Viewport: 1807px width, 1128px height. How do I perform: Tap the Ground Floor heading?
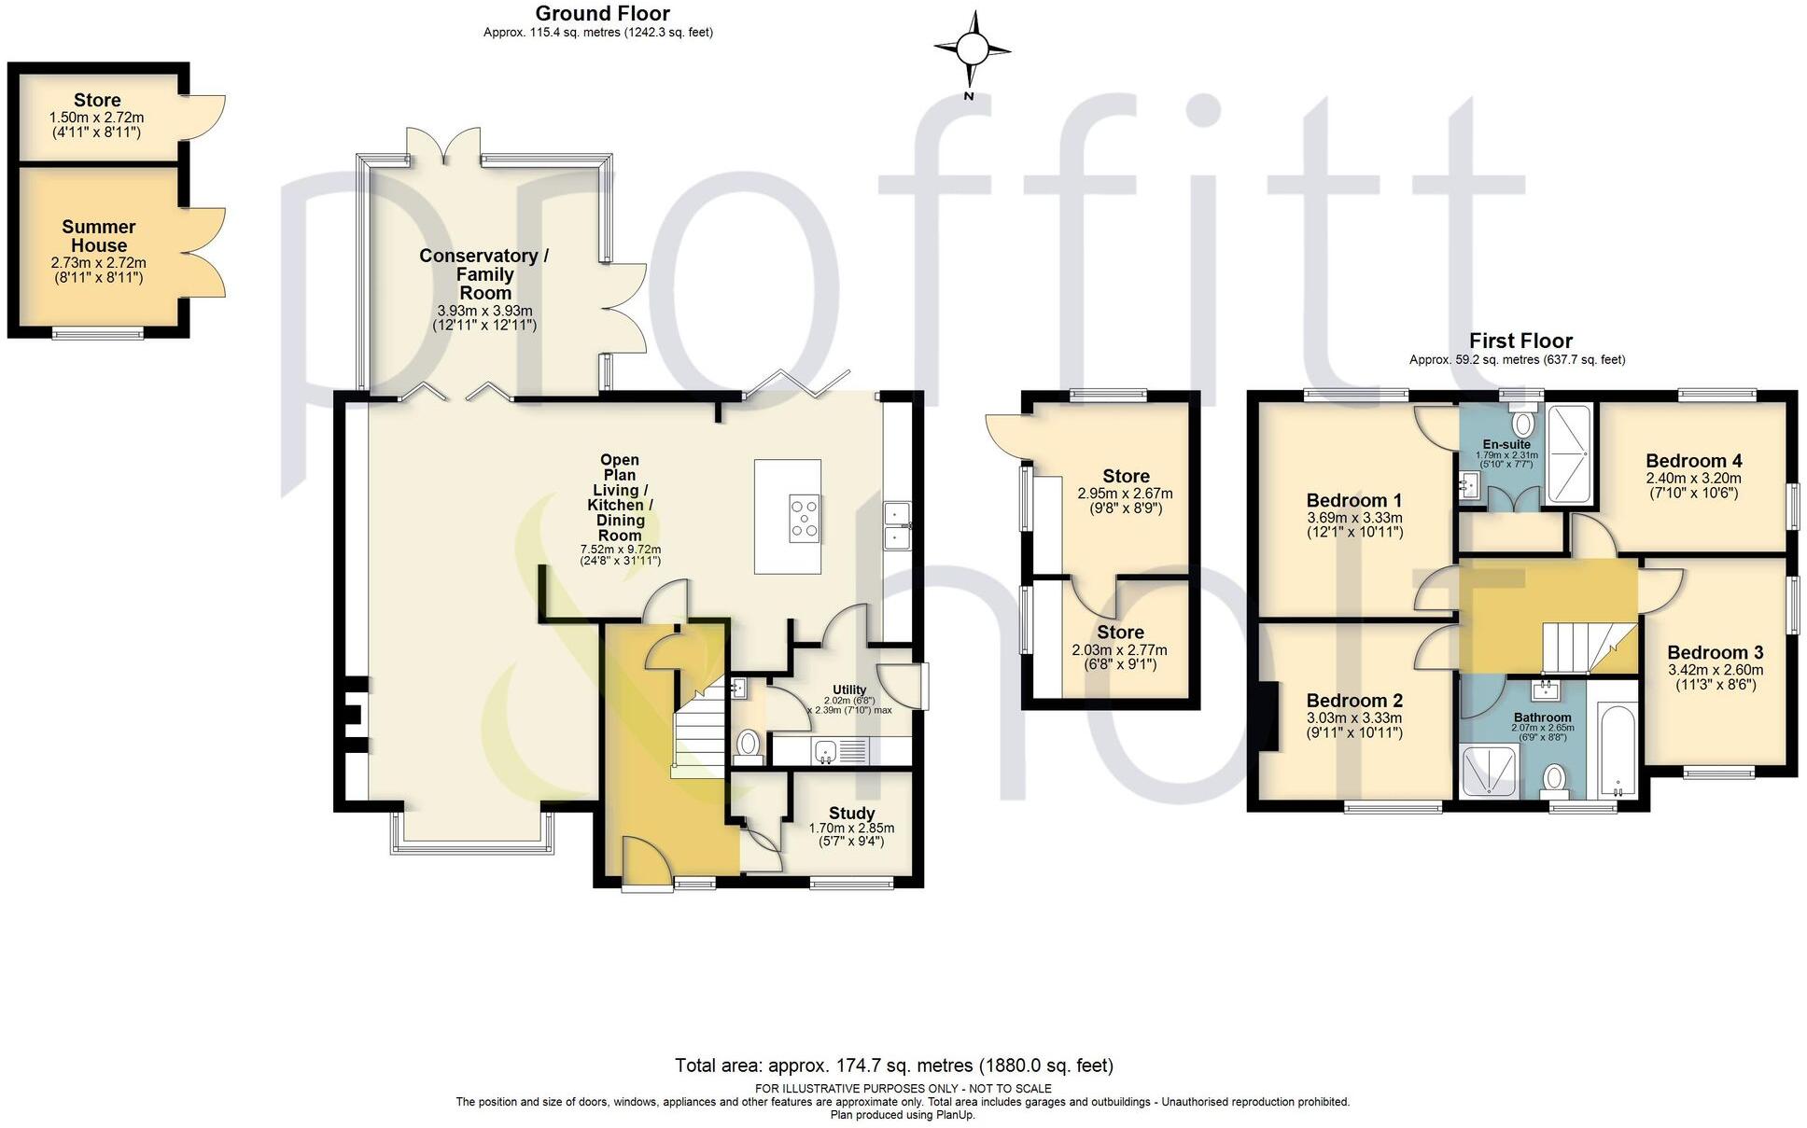(x=602, y=13)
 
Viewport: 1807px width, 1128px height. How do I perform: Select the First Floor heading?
(x=1520, y=341)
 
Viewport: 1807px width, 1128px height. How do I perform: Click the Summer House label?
(x=99, y=236)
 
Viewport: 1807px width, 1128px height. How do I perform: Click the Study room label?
(x=851, y=813)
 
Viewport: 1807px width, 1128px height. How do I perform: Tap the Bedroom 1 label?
(x=1353, y=500)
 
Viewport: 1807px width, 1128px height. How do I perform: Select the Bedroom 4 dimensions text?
(x=1693, y=484)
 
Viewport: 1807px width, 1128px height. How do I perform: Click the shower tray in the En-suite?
(x=1569, y=453)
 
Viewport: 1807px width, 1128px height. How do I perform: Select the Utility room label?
(x=849, y=689)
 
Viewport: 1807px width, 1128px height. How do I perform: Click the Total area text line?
(x=893, y=1065)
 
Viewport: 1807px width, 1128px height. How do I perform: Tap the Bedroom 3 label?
(x=1715, y=652)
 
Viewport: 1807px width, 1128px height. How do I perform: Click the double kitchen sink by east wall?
(x=897, y=526)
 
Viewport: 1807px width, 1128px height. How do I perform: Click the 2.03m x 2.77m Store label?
(x=1119, y=632)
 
